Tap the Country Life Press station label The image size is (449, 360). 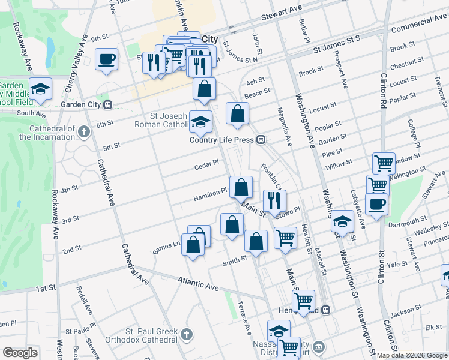tap(223, 140)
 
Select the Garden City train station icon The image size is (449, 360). tap(108, 104)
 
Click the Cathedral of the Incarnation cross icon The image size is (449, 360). tap(83, 130)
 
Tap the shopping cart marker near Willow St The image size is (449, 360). tap(384, 163)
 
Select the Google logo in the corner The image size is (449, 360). tap(20, 353)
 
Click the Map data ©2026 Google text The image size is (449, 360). tap(412, 355)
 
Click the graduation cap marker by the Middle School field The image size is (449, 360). tap(40, 89)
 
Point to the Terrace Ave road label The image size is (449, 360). tap(245, 317)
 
